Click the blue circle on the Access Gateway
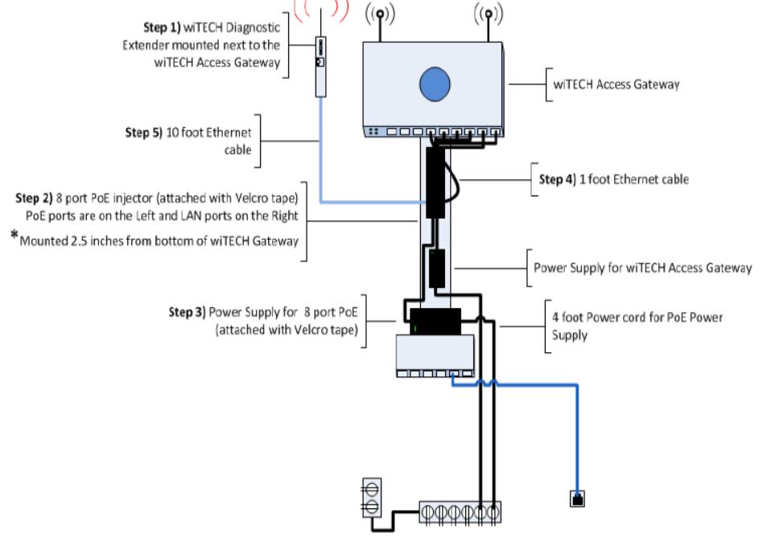435,84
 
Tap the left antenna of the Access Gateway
380,22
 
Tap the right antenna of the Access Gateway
489,22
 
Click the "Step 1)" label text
162,27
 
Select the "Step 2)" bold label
34,199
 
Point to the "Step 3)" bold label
188,312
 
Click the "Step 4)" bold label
558,179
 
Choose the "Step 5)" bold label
143,133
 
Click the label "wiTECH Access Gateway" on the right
616,84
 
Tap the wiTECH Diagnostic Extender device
320,67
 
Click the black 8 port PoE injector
435,183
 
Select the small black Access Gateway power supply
437,269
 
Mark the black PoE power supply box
435,322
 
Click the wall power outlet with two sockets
372,498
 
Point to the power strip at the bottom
460,512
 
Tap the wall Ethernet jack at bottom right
577,499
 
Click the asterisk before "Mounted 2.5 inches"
14,236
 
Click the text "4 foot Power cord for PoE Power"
637,318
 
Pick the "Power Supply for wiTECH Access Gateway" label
642,268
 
